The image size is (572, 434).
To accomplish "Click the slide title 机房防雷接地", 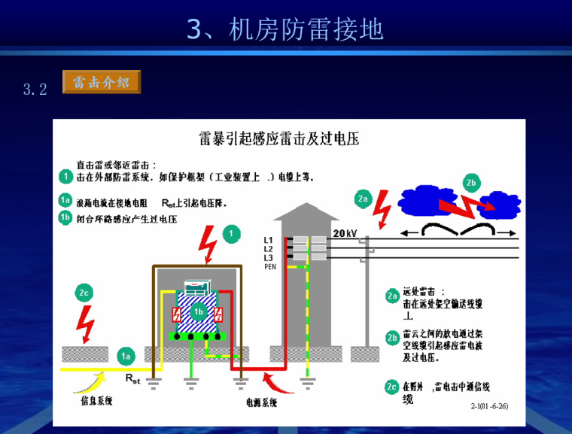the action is click(x=285, y=29).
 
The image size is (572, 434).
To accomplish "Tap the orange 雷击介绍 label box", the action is click(x=102, y=82).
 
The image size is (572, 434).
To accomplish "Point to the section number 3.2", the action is click(x=35, y=90).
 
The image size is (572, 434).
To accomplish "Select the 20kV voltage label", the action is click(x=344, y=233).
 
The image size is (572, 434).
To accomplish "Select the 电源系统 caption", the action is click(x=261, y=402).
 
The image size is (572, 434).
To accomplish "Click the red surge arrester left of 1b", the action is click(x=177, y=314).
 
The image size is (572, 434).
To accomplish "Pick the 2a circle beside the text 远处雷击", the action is click(x=391, y=296).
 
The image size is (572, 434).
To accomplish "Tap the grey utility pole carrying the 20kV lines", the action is click(x=366, y=293).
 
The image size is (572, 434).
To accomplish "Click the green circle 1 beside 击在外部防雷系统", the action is click(x=65, y=177).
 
